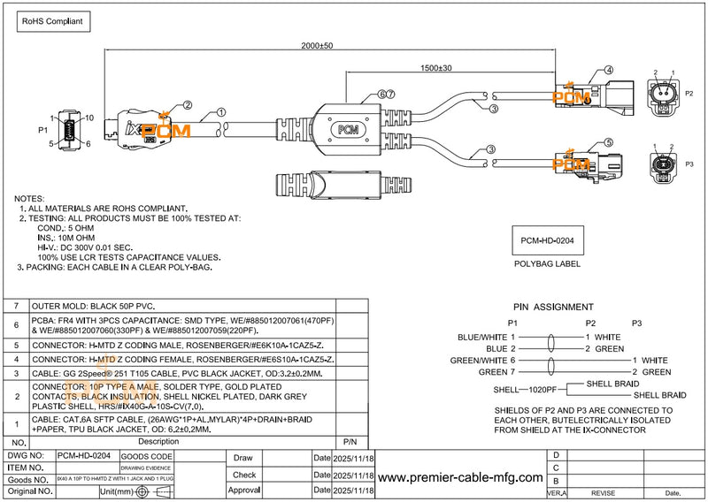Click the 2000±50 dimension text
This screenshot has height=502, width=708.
click(x=317, y=45)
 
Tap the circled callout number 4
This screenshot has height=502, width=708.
click(x=609, y=70)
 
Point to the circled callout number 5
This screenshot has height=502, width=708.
click(x=609, y=141)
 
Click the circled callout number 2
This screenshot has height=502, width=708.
click(x=188, y=104)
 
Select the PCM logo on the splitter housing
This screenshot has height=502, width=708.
click(x=350, y=128)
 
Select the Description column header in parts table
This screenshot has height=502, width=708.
click(x=158, y=440)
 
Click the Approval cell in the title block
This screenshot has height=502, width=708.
click(x=244, y=489)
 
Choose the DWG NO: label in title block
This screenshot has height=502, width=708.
click(x=26, y=456)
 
